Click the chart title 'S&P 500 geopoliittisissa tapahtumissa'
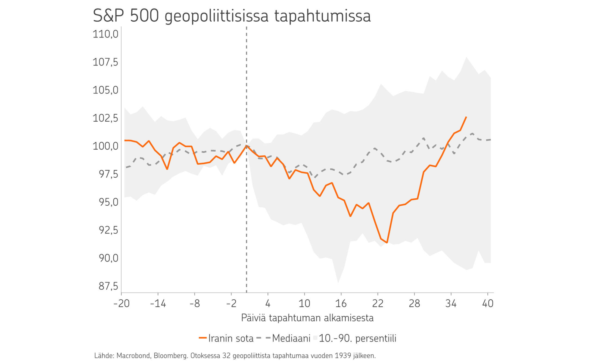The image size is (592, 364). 232,16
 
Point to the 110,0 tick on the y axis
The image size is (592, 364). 105,34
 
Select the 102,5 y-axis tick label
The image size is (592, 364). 105,118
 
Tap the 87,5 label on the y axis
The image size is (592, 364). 108,286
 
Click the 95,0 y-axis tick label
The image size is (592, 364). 108,202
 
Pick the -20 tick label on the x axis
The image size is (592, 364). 121,303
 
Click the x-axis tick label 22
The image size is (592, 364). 378,303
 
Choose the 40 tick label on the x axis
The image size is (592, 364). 488,303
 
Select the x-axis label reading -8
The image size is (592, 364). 195,303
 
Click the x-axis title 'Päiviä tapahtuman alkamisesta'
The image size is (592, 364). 307,318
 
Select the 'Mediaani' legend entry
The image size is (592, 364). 291,338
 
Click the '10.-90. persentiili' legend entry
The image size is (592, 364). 357,338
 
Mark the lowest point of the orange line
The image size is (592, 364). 387,243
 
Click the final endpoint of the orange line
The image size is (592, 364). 466,117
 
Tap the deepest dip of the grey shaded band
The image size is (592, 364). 338,283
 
